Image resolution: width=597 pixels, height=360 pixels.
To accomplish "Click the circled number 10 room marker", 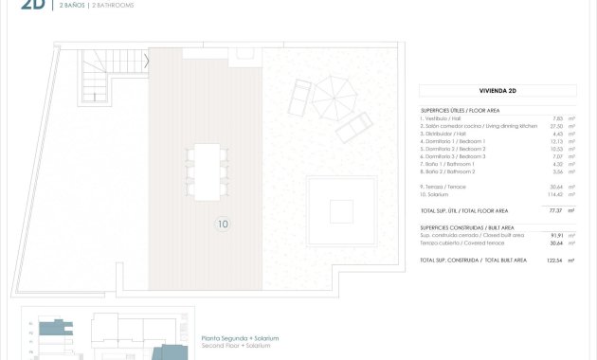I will point(222,225).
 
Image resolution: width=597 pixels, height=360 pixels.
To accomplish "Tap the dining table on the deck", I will point(206,170).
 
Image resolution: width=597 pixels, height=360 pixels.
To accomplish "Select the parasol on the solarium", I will point(335,96).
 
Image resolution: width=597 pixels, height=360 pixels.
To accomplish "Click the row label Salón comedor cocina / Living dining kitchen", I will point(479,126).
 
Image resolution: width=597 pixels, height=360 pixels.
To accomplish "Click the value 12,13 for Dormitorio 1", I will point(556,140).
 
